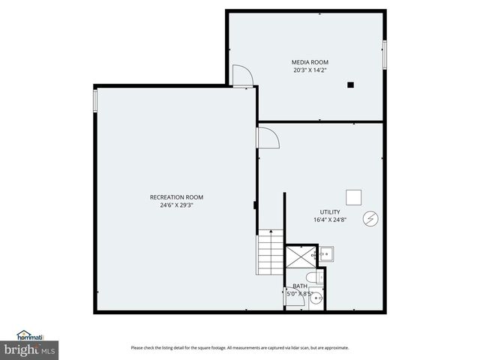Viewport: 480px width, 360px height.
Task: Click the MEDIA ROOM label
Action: (310, 61)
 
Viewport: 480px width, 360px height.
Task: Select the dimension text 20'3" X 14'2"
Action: (310, 70)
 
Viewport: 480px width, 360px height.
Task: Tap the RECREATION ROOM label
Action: (176, 197)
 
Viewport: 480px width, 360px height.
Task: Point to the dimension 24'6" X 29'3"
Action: (176, 205)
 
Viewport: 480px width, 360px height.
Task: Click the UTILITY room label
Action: (330, 212)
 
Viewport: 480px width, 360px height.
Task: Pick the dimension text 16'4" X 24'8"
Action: (330, 220)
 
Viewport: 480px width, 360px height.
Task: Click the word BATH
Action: (300, 286)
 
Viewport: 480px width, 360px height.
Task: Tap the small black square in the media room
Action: (350, 85)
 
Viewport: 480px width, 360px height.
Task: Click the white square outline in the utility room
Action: (354, 196)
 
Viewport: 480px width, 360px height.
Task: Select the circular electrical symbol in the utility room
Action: (369, 218)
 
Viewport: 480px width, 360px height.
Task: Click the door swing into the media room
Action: (241, 76)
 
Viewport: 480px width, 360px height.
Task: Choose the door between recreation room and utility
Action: (267, 137)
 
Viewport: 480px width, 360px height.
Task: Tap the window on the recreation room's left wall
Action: (95, 100)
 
